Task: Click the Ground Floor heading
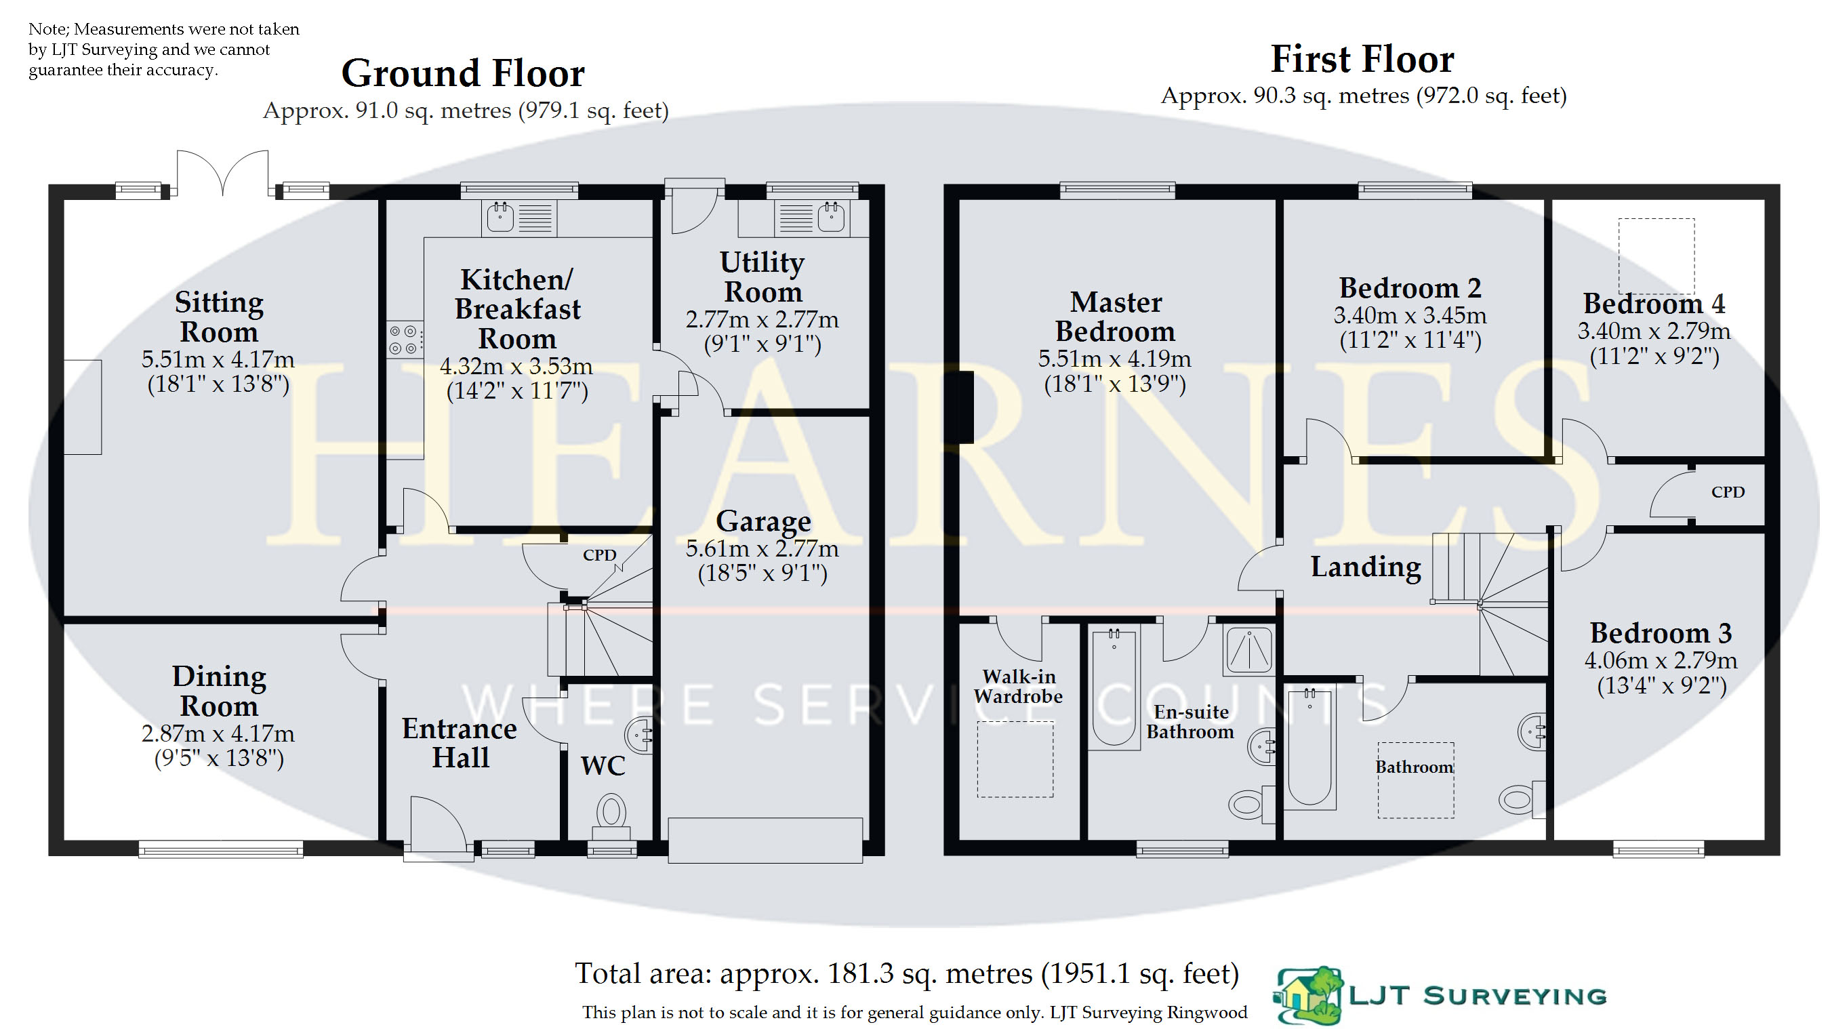[462, 73]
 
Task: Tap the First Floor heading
[1362, 59]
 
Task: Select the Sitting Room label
[219, 317]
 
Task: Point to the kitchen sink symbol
[518, 218]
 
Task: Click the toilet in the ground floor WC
[611, 819]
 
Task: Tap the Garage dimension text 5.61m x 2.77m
[762, 548]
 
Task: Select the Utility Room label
[762, 277]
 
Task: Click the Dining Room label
[219, 691]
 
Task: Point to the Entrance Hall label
[460, 743]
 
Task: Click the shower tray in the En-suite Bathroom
[1248, 649]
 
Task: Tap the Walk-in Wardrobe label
[1018, 687]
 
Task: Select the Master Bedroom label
[1116, 317]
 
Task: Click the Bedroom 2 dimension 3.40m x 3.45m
[1410, 315]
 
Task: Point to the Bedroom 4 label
[1654, 304]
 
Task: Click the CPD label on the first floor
[1728, 491]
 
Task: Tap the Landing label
[1366, 567]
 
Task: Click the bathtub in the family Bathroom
[1309, 748]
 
